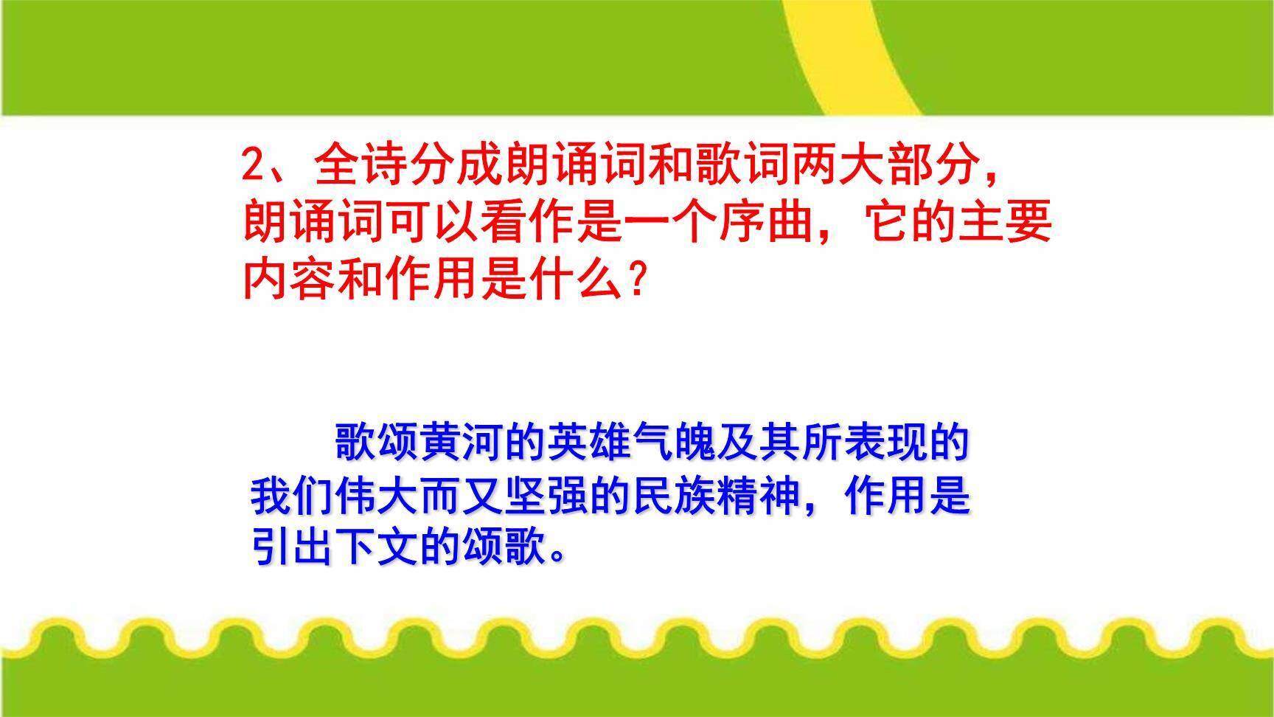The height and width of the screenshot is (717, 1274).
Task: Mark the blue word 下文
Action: click(x=379, y=550)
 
